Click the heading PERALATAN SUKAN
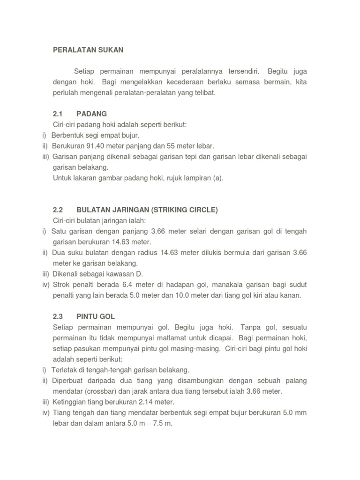[x=88, y=49]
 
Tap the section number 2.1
[x=58, y=114]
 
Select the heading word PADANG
[x=92, y=114]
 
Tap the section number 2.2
[x=58, y=210]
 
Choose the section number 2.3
[x=58, y=316]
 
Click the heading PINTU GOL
[x=96, y=316]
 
